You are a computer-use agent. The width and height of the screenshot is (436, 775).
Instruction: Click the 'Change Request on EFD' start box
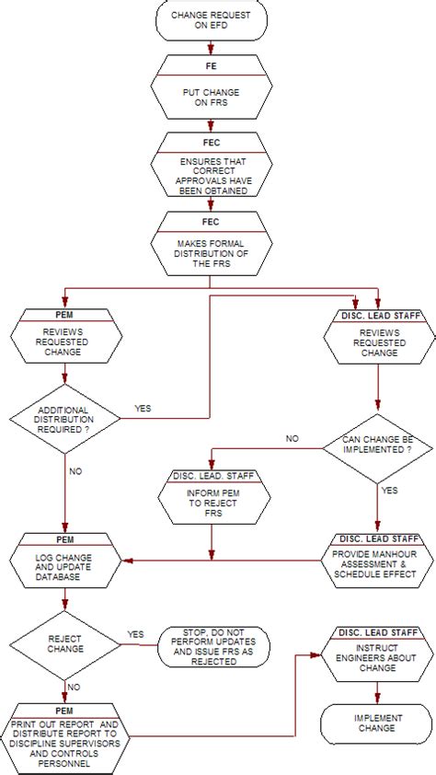pos(212,21)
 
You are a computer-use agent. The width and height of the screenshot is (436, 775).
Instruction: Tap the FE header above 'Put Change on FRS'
pos(212,67)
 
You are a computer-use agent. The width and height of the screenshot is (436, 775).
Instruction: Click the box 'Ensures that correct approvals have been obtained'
pos(212,175)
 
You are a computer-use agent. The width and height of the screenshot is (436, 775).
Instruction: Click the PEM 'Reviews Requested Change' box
pos(64,341)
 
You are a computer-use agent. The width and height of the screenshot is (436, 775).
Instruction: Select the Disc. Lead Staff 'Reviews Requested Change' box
pos(378,341)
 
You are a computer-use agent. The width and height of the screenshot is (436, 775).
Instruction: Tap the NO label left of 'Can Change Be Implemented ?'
pos(292,439)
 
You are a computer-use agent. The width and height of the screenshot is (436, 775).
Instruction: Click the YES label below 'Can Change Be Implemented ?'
pos(390,491)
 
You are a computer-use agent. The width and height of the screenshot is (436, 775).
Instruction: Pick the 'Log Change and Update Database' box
pos(64,564)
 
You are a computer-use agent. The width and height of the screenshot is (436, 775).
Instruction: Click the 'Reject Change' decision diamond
pos(64,644)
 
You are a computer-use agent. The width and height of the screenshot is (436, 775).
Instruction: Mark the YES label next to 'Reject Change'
pos(136,635)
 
